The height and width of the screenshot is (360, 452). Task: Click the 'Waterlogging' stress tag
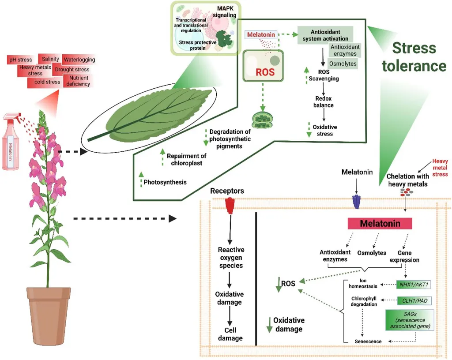[79, 60]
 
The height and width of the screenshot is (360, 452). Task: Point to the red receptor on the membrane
[229, 205]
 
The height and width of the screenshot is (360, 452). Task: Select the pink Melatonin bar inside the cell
[380, 223]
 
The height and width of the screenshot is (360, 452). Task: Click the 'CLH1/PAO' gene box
[414, 301]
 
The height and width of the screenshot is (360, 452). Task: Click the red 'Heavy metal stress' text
[440, 168]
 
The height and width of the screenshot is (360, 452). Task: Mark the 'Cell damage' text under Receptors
[230, 334]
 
